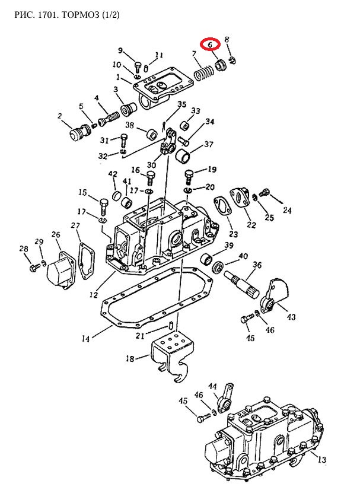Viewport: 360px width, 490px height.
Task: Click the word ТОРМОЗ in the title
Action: tap(80, 15)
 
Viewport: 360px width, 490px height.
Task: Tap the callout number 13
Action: tap(321, 459)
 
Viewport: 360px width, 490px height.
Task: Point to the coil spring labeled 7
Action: tap(204, 74)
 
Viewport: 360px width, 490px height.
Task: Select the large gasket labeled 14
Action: tap(157, 298)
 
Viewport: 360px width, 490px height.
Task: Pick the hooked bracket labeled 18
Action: tap(171, 357)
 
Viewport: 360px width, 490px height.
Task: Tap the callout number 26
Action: tap(56, 234)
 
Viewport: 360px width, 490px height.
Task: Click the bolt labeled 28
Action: tap(34, 268)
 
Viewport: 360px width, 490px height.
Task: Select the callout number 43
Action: tap(291, 317)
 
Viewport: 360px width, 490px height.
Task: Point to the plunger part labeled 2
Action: tap(79, 132)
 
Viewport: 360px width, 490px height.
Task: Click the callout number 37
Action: tap(209, 144)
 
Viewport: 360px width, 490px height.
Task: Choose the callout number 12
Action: tap(94, 294)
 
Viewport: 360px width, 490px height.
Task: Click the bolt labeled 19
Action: tap(189, 177)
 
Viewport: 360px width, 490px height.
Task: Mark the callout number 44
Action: tap(212, 387)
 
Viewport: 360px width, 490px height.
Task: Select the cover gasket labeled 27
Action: tap(86, 261)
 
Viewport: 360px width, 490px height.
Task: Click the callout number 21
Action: tap(140, 336)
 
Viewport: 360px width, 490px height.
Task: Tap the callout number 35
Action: tap(182, 104)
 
